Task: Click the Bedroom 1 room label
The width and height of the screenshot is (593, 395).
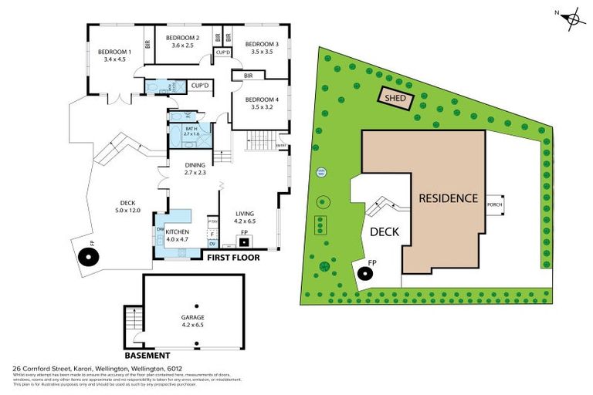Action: click(114, 56)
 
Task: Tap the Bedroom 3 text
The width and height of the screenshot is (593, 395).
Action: click(262, 49)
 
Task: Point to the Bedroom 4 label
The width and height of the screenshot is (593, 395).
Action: click(261, 103)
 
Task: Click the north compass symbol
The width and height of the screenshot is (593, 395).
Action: click(571, 17)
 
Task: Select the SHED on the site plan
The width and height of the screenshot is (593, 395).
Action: click(395, 99)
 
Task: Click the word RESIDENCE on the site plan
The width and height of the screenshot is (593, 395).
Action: click(449, 198)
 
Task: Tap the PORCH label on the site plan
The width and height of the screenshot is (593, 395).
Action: click(494, 204)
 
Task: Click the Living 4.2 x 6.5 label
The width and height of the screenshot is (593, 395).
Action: click(244, 218)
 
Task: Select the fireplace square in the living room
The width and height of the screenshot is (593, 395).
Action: click(244, 241)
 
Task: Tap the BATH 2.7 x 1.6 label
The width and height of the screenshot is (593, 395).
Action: click(192, 131)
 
